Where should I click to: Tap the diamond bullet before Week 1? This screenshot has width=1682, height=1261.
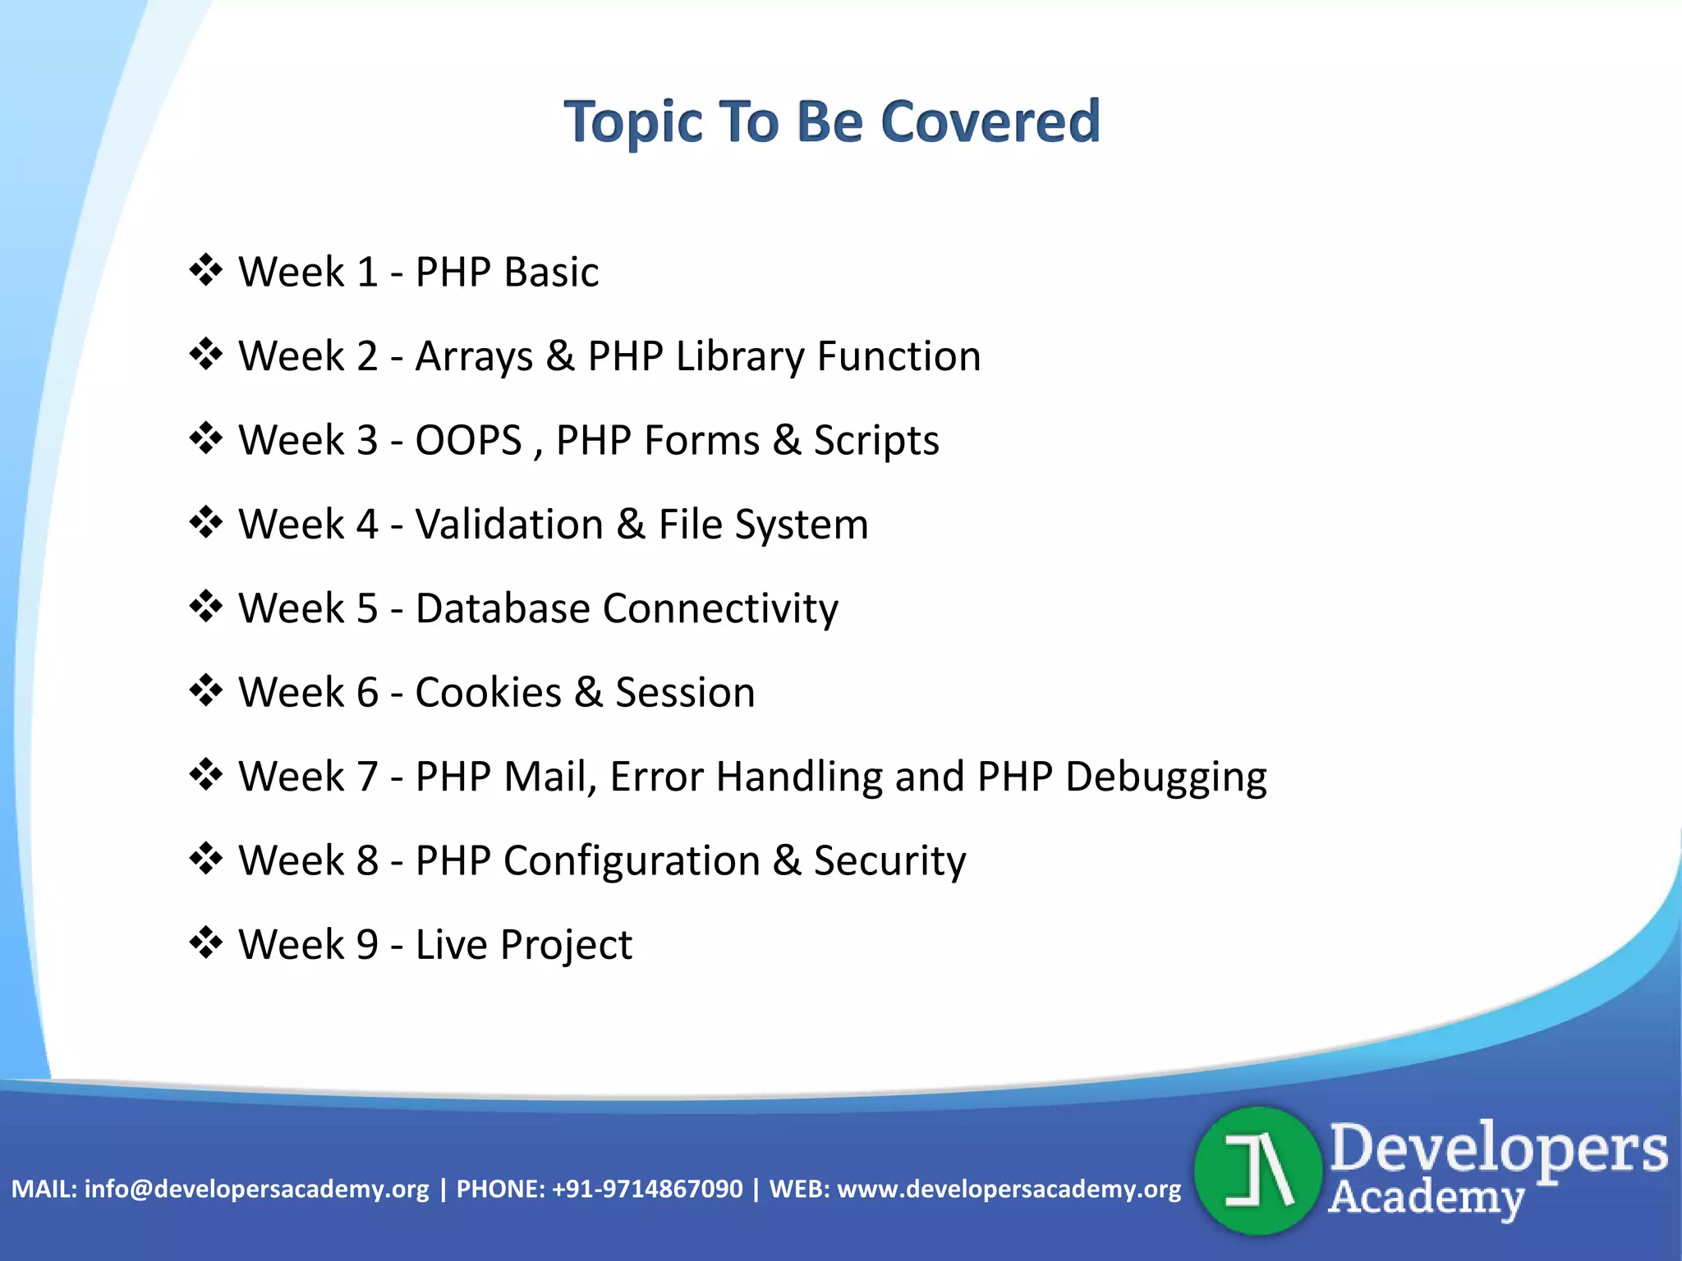205,270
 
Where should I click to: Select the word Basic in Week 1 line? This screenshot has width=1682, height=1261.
551,272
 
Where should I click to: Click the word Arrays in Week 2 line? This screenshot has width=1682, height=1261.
474,357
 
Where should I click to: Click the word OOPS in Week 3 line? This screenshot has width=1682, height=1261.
468,440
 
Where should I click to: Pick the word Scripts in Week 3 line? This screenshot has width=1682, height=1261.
875,441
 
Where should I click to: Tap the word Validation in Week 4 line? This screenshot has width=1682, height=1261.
509,525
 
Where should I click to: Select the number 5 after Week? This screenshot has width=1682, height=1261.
366,608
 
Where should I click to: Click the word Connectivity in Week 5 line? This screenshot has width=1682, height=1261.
720,609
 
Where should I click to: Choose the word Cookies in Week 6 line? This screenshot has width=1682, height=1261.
488,692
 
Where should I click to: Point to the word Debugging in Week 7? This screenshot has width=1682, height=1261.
1165,777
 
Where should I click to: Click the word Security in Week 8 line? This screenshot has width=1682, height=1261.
889,861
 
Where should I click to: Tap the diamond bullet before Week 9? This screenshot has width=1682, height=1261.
205,942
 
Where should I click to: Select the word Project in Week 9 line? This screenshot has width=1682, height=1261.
566,945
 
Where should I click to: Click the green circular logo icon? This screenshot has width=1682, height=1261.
1257,1171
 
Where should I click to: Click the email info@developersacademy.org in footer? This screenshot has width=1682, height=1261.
256,1189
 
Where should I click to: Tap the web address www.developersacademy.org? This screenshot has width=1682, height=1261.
1009,1189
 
